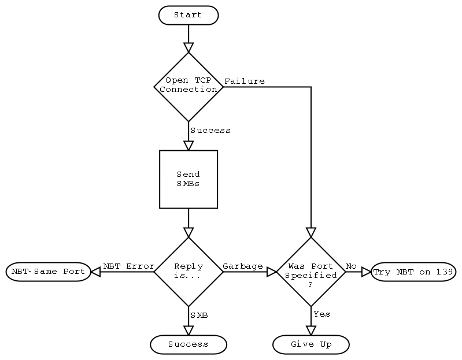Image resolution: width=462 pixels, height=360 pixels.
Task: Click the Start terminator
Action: pos(188,15)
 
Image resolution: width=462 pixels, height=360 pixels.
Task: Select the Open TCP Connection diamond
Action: pos(188,87)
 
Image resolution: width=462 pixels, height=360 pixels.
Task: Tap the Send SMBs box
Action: pos(188,179)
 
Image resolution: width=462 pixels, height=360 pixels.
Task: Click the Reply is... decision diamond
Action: pos(188,272)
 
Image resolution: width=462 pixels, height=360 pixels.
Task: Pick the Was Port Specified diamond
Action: pos(311,272)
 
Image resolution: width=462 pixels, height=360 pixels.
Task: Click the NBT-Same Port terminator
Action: pos(49,272)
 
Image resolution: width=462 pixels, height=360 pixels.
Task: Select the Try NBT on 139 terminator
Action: pos(413,272)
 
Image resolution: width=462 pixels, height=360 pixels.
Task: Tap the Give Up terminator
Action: pos(311,344)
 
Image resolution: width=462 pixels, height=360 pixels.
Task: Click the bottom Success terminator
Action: pos(188,344)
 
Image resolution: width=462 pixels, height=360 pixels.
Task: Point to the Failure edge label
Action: pos(245,81)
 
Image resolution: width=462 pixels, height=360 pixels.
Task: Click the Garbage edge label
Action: pos(243,266)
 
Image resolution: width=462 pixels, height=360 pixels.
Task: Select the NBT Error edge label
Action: pos(128,266)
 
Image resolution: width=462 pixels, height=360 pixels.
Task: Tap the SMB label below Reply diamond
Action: pos(199,316)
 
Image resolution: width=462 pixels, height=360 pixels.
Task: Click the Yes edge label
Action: pos(321,314)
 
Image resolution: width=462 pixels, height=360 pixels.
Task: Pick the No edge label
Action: pos(351,266)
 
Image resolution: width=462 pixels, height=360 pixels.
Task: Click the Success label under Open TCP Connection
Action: pos(210,131)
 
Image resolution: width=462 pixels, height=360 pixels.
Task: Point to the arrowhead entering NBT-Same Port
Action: pos(96,272)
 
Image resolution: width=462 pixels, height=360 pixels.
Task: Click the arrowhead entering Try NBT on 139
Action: pos(366,272)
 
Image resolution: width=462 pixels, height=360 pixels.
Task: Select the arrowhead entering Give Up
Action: pos(311,331)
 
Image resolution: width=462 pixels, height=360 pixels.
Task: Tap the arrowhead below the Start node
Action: pos(188,47)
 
